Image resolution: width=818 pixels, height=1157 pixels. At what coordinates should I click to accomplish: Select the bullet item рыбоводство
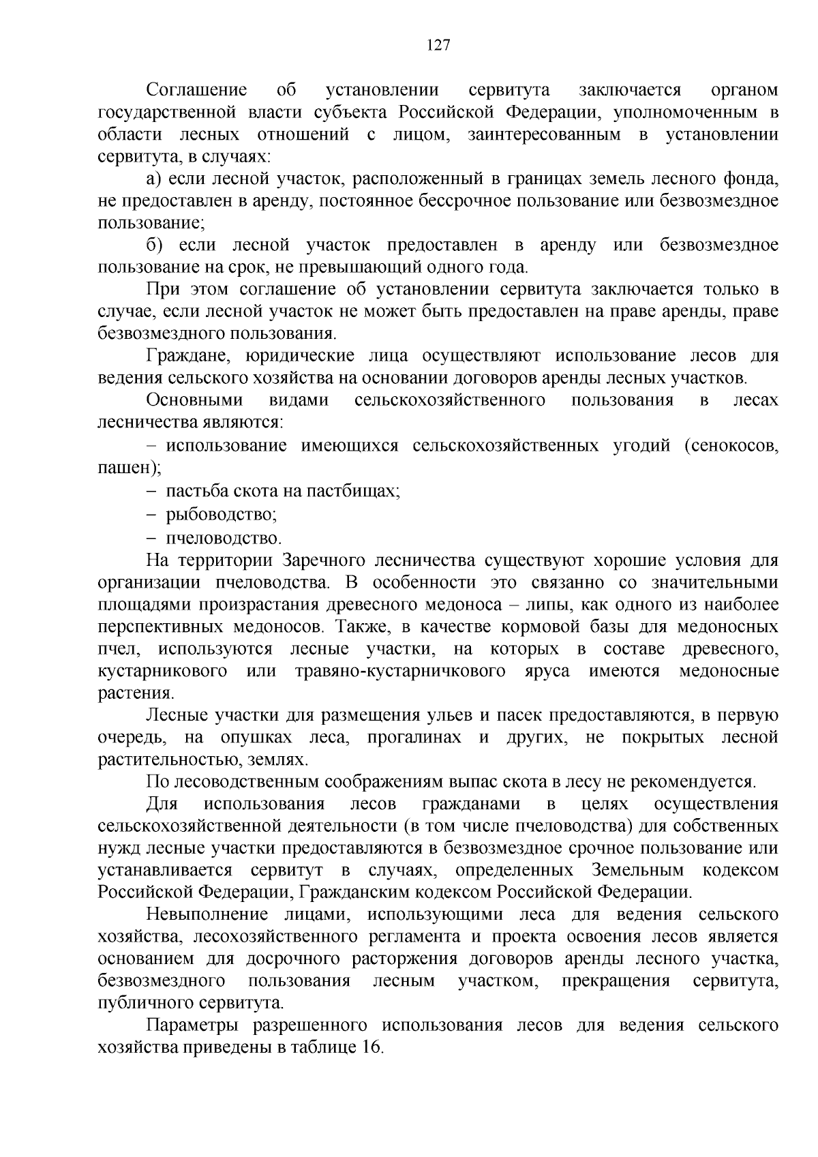pos(220,515)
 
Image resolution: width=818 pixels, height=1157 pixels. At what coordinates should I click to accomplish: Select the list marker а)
pos(153,179)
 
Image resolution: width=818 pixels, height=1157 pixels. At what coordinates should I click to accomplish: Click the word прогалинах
pos(414,737)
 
